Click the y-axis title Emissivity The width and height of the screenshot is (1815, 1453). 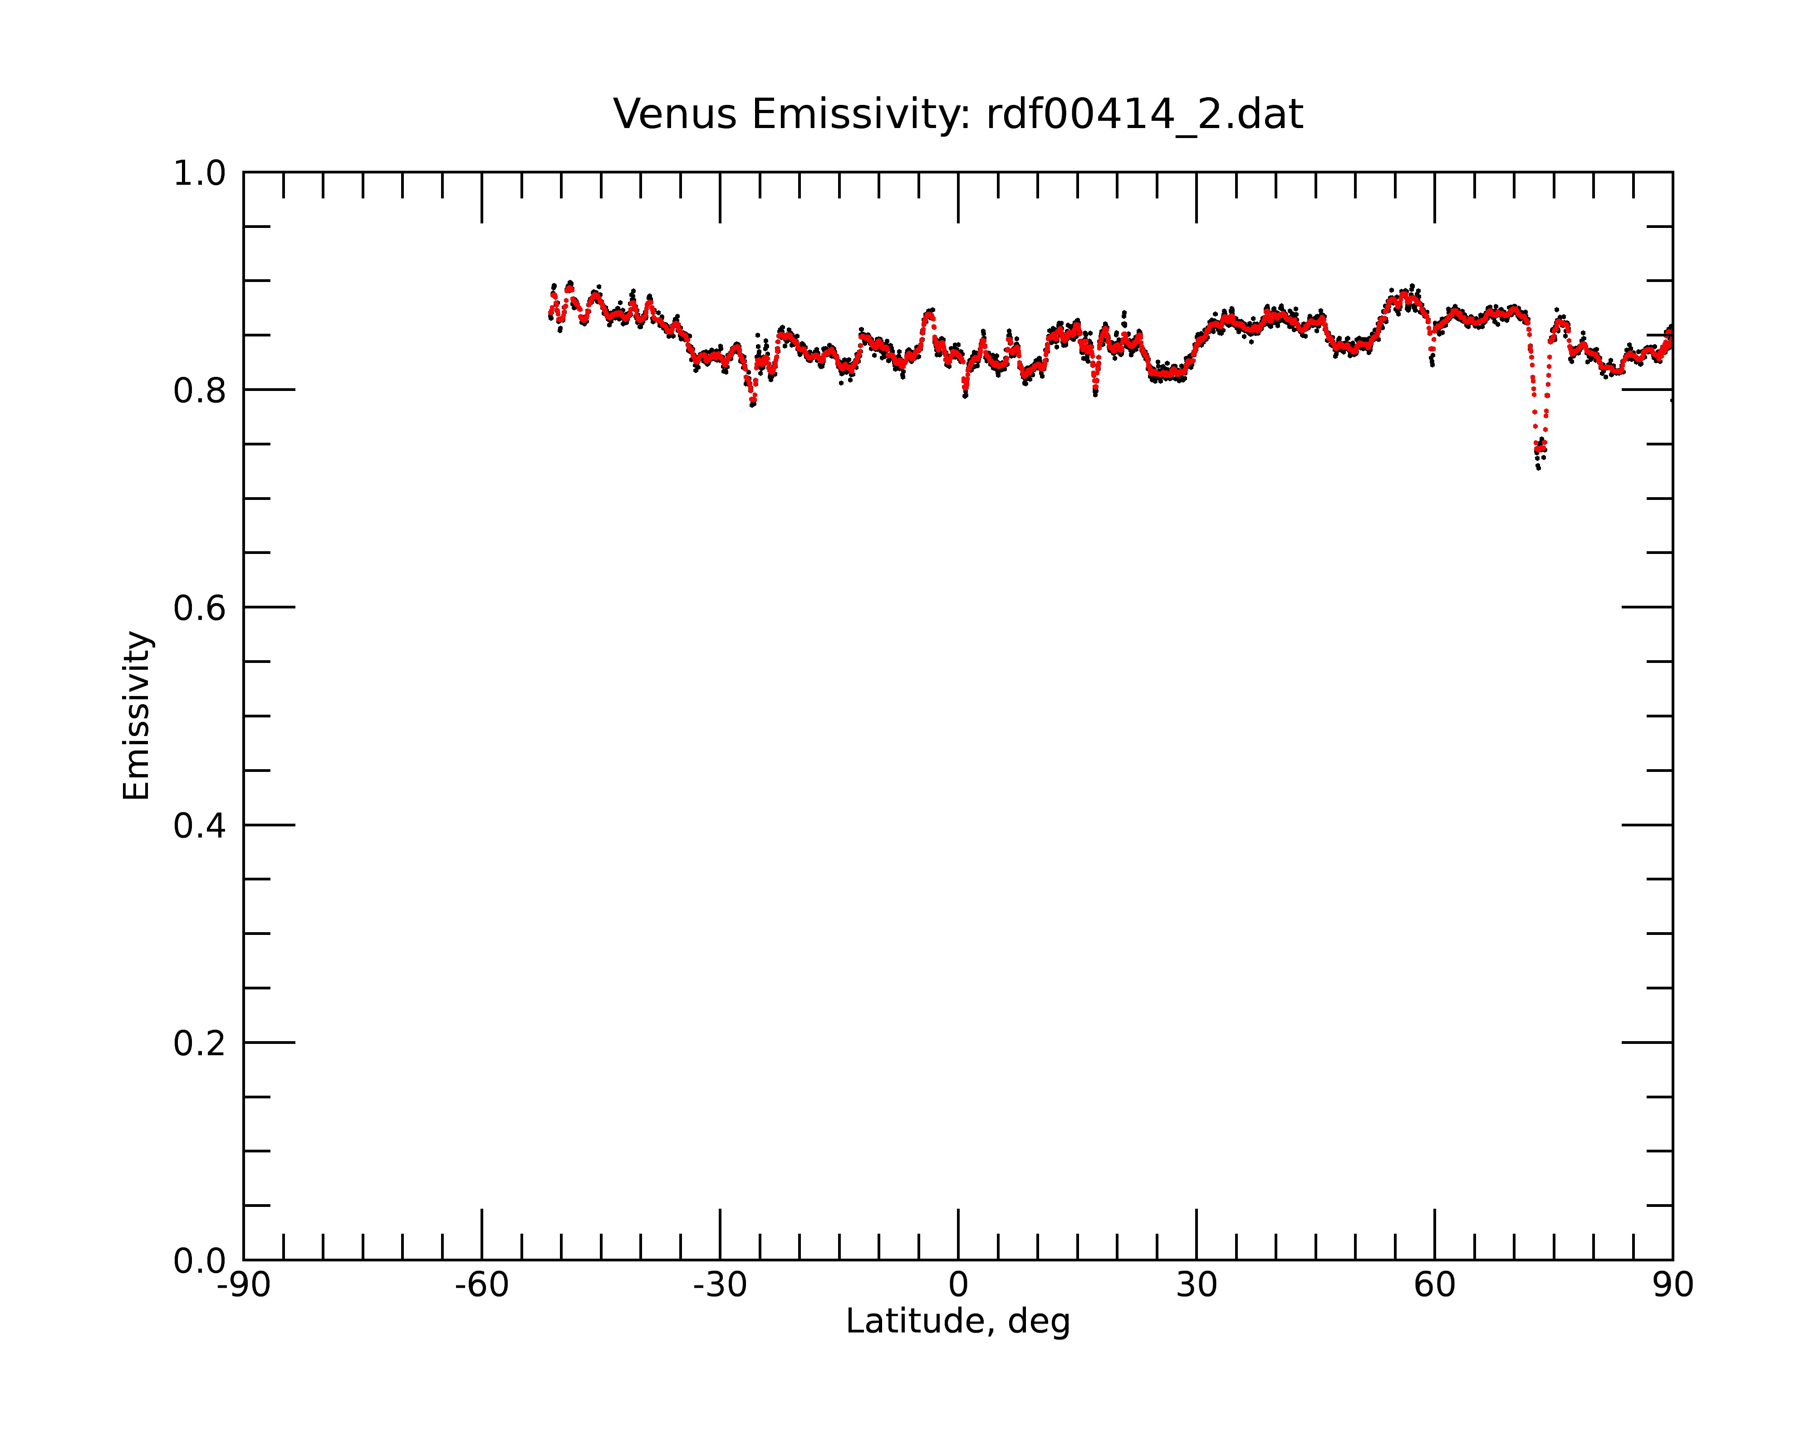tap(137, 715)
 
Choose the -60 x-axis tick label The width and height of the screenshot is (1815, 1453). tap(481, 1285)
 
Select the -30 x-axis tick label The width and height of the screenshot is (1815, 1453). tap(720, 1285)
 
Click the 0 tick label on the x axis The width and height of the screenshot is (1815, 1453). tap(958, 1285)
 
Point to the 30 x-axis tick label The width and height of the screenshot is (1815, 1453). tap(1196, 1285)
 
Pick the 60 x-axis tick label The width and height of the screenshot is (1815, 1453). tap(1434, 1285)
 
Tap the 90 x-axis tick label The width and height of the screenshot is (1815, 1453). tap(1673, 1285)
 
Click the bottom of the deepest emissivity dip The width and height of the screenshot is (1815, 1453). tap(1538, 468)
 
